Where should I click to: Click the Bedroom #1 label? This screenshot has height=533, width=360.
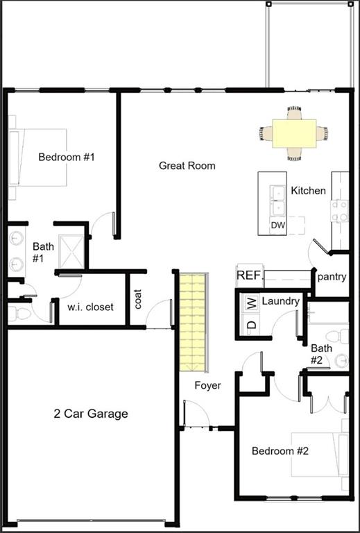pos(66,157)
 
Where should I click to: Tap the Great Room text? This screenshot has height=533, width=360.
pos(187,165)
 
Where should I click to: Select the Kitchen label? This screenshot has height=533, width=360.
pos(308,190)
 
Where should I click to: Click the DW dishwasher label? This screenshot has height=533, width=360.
pos(277,226)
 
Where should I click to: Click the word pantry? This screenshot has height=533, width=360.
pos(332,276)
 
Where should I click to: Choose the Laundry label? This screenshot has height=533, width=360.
pos(281,301)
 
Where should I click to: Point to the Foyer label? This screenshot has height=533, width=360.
pos(207,385)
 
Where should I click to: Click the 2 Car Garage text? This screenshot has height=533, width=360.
pos(91,414)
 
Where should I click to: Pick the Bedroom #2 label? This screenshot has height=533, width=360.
pos(280,451)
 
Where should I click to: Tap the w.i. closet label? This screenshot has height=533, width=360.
pos(90,307)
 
